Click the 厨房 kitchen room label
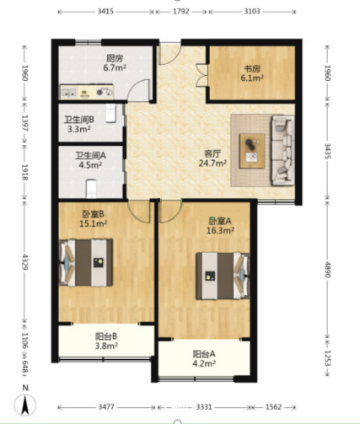click(x=115, y=58)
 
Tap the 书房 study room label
click(x=252, y=68)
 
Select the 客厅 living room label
click(x=212, y=153)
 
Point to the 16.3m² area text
click(x=220, y=231)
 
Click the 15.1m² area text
click(x=93, y=224)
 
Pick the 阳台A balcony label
click(x=204, y=353)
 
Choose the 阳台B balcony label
click(x=106, y=336)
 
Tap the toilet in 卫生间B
click(x=110, y=113)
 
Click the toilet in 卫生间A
click(x=91, y=189)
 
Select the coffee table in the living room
click(x=252, y=151)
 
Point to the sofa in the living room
click(x=282, y=151)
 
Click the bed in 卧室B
click(x=86, y=263)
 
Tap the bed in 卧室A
click(x=223, y=276)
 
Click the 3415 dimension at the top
click(x=105, y=12)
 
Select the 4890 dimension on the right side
click(x=327, y=269)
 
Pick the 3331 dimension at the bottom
click(x=204, y=407)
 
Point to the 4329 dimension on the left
click(x=25, y=262)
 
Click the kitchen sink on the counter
click(x=69, y=92)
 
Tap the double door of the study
click(x=201, y=75)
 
